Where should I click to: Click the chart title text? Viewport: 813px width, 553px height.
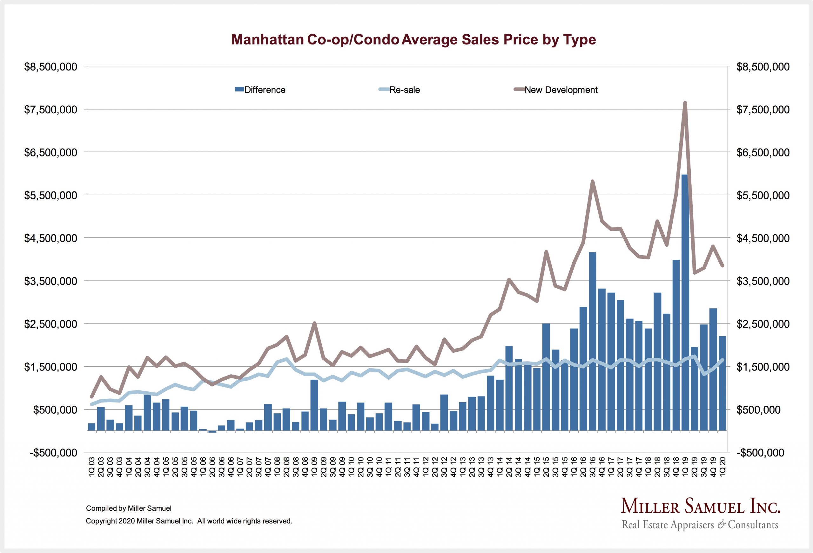[413, 40]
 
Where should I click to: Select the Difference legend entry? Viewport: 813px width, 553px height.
[260, 90]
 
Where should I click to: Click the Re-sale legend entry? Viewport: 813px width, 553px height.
[400, 90]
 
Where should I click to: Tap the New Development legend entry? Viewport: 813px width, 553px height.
[556, 90]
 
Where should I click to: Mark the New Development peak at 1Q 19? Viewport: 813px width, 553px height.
[685, 103]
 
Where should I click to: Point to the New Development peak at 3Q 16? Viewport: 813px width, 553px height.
[592, 181]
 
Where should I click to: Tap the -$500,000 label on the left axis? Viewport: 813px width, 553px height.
[53, 453]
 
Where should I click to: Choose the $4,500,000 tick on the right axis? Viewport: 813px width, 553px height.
[763, 238]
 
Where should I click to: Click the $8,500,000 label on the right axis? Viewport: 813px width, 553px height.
[763, 67]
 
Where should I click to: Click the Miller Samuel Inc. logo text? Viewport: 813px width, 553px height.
[700, 506]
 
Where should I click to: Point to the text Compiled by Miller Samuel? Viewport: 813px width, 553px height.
[128, 508]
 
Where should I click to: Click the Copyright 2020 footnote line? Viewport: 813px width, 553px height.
[189, 521]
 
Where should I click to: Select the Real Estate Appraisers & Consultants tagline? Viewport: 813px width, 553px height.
[700, 525]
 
